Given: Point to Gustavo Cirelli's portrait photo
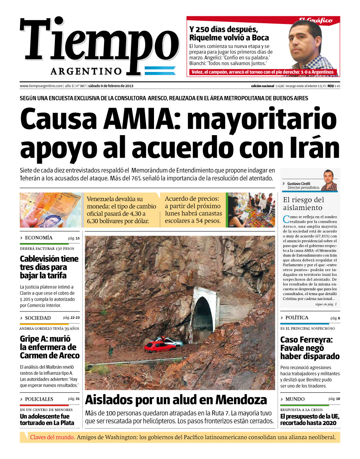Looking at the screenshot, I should click(329, 181).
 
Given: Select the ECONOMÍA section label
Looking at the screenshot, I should click(38, 238).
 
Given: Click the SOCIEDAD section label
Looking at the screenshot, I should click(38, 318).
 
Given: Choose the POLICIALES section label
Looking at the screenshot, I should click(39, 399).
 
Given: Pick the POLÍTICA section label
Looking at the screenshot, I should click(296, 318).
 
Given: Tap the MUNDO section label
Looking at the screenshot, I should click(295, 399).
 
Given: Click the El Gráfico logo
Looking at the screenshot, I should click(316, 20).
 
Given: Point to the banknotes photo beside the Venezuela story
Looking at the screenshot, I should click(50, 210).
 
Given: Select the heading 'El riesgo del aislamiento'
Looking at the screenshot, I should click(303, 204).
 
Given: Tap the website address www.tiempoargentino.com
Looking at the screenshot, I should click(41, 86).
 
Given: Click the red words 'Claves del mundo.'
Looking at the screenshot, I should click(52, 437).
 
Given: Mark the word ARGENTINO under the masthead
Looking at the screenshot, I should click(86, 71).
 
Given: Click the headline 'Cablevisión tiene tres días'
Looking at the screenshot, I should click(49, 267).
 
